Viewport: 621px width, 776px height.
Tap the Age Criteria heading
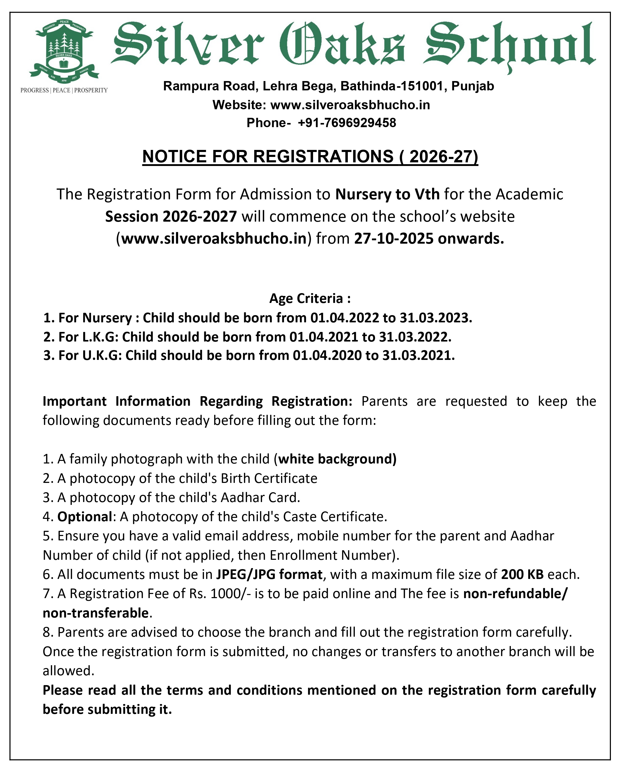(x=310, y=298)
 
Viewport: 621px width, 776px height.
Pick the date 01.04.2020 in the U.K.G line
(x=327, y=356)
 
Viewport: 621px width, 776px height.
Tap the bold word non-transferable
(x=95, y=613)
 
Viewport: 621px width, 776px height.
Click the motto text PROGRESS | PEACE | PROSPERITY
(x=64, y=90)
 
